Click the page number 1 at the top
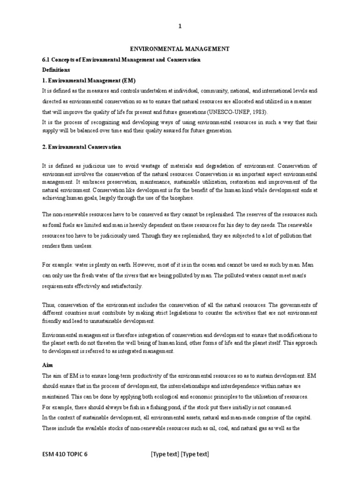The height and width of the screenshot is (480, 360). (180, 27)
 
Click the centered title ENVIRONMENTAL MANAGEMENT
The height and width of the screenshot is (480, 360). (180, 48)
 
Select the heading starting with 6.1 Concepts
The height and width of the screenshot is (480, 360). (121, 60)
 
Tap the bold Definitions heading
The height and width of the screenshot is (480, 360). (56, 69)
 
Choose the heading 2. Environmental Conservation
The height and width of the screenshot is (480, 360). (82, 147)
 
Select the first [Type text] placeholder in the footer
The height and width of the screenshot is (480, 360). (165, 454)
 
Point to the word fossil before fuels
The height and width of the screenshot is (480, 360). (57, 225)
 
